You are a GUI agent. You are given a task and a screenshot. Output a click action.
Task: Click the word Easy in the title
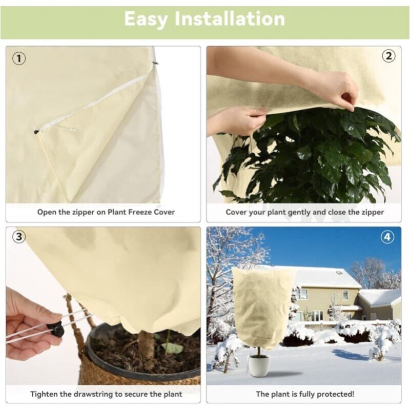(146, 19)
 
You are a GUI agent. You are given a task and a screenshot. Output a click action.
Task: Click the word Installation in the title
(230, 18)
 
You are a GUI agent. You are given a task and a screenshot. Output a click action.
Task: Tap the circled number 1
(19, 58)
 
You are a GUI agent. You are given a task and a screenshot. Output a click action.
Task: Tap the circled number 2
(388, 56)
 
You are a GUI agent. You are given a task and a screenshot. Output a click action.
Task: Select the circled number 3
(19, 237)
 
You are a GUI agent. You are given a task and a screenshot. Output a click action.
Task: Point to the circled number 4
(387, 237)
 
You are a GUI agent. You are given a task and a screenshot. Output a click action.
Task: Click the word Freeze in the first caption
(139, 212)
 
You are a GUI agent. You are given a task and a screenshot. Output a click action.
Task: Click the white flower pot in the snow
(259, 365)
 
